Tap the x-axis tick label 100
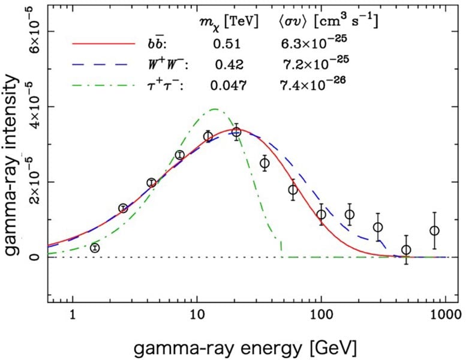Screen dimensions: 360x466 click(x=321, y=313)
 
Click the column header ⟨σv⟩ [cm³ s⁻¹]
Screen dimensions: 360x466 click(x=333, y=22)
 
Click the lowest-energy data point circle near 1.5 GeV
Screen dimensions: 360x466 click(x=95, y=248)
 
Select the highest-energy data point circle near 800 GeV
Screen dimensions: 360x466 click(x=434, y=230)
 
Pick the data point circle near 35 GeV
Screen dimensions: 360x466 click(x=264, y=163)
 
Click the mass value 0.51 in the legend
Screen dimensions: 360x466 click(x=224, y=44)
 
